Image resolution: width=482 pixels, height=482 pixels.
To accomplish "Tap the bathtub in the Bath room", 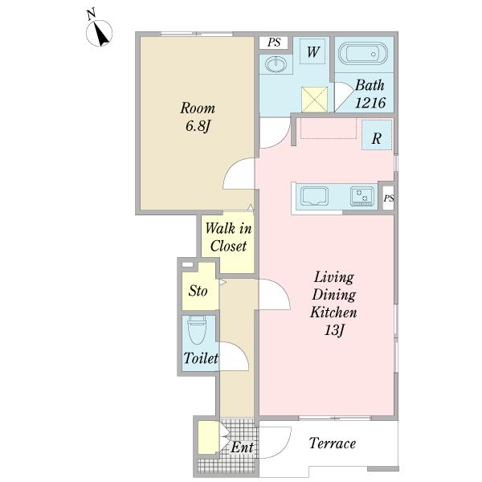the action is coord(363,54).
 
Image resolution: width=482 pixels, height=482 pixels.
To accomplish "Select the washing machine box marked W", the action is coord(312,51).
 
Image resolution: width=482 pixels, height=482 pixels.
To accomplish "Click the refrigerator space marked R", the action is coord(377,135).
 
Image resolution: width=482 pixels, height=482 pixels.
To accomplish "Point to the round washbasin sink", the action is coord(276,64).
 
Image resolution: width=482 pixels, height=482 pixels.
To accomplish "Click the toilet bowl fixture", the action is coord(197,329).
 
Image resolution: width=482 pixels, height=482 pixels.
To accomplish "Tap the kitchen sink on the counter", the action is coord(314,196).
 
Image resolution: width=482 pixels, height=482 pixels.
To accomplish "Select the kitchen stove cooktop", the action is coord(362,197).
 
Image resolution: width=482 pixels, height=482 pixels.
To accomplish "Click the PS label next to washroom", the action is coord(274,43).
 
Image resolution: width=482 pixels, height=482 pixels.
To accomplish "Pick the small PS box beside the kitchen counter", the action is coord(389,198).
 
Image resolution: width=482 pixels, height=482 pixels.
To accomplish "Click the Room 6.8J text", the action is coord(198,116).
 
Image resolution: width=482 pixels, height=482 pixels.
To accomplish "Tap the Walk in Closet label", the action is coord(228,237).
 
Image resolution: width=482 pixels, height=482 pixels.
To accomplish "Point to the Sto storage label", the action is coord(198,291).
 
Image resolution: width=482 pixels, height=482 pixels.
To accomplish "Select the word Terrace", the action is coord(333,443).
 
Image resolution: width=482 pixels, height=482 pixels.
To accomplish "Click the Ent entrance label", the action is coord(243,447).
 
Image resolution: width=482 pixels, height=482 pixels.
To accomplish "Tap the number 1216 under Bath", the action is coord(370,103).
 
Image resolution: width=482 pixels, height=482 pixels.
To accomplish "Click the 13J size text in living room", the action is coord(334,330).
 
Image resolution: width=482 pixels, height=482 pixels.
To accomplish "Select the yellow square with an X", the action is coord(314,100).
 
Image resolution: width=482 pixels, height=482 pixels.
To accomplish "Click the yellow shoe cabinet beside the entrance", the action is coord(208,437).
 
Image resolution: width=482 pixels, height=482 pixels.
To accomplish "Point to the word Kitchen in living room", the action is coord(333,312).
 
